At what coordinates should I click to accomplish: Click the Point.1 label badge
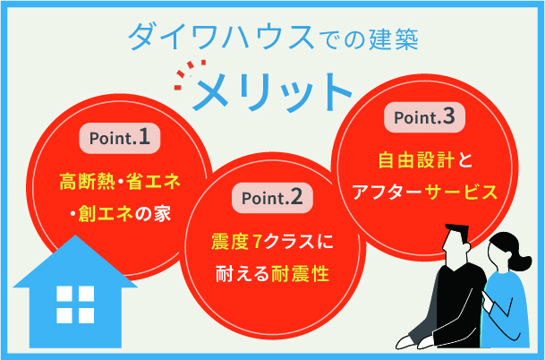(x=120, y=138)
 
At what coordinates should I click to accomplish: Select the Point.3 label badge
(x=425, y=117)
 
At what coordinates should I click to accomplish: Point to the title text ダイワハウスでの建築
(x=273, y=37)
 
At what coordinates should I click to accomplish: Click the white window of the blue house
(x=74, y=305)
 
